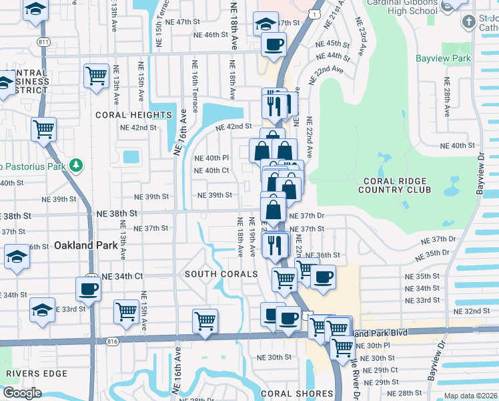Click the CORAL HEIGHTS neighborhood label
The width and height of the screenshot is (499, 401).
(x=133, y=115)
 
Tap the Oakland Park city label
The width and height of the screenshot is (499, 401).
(x=86, y=245)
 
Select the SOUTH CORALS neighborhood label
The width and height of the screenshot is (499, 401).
(x=221, y=274)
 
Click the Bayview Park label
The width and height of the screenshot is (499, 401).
(x=443, y=58)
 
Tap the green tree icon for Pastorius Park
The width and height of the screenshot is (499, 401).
(x=77, y=164)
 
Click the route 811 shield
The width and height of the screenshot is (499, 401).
(x=44, y=42)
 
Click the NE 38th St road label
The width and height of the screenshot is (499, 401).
(x=117, y=213)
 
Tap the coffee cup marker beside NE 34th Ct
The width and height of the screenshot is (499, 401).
(x=89, y=289)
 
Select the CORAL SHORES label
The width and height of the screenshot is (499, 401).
(x=297, y=394)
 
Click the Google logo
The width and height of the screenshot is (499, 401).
(x=22, y=392)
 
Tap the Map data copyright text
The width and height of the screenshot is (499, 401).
(x=470, y=396)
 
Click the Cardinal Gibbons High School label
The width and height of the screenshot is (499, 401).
(x=406, y=6)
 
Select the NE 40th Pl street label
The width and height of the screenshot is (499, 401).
(x=211, y=158)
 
